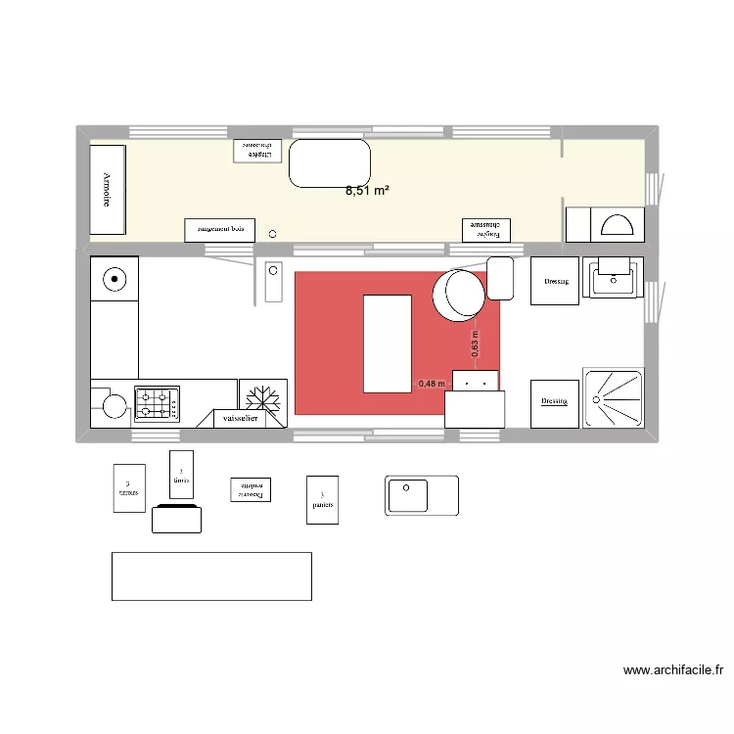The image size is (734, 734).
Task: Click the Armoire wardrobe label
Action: pos(107,190)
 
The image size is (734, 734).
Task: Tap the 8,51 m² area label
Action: pos(367,192)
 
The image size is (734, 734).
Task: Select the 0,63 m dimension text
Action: pos(475,344)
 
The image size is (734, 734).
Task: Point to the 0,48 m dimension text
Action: pos(432,384)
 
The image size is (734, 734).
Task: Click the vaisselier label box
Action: pos(241,418)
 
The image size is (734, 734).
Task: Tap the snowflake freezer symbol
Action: pos(261,399)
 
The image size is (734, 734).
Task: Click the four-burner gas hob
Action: pos(157,401)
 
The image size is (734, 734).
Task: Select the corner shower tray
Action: pos(614,397)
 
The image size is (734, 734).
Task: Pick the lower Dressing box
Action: pos(554,402)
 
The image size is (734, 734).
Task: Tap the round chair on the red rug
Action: pos(458,295)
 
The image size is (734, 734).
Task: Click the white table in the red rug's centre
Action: pos(388,344)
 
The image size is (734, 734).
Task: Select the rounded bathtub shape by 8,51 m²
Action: pos(329,162)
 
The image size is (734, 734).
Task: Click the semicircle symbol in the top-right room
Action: pos(617,226)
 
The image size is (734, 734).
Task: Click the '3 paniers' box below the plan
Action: pos(322,500)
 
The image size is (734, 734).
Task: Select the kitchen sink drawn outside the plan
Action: pos(421,494)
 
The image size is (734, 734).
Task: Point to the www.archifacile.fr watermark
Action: pos(672,670)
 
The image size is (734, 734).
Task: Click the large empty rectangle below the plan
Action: pos(211,575)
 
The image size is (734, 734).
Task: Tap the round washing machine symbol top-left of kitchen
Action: pos(115,280)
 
